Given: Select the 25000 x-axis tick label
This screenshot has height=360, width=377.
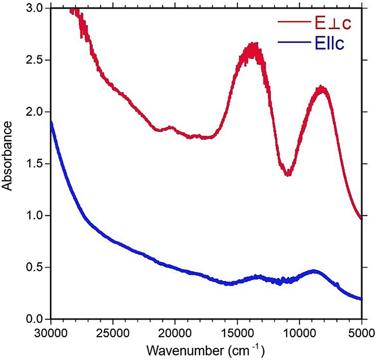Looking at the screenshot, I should coord(113,332).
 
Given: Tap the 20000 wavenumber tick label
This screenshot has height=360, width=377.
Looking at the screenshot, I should coord(175,332).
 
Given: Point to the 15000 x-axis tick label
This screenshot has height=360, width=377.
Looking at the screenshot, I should coord(237,332).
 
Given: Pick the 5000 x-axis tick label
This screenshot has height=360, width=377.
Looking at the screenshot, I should coord(360,332).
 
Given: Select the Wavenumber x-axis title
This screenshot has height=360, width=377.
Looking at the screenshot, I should coord(205,351).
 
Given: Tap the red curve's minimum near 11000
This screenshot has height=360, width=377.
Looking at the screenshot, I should coord(288,173).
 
